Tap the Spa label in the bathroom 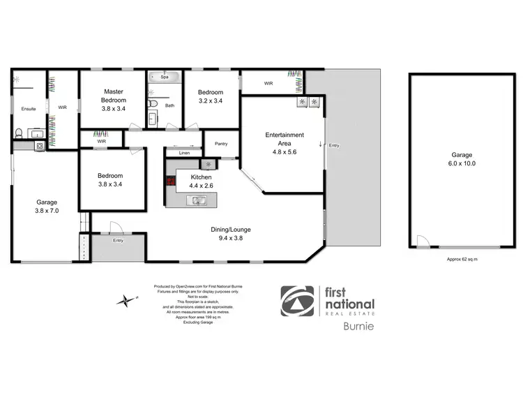click(165, 77)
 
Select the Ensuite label click(29, 109)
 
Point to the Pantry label click(222, 144)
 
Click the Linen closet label click(184, 152)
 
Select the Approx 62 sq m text click(462, 259)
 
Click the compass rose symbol click(126, 301)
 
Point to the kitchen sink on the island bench click(197, 201)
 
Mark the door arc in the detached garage click(422, 242)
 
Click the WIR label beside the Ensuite click(62, 107)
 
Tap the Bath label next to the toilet click(169, 105)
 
